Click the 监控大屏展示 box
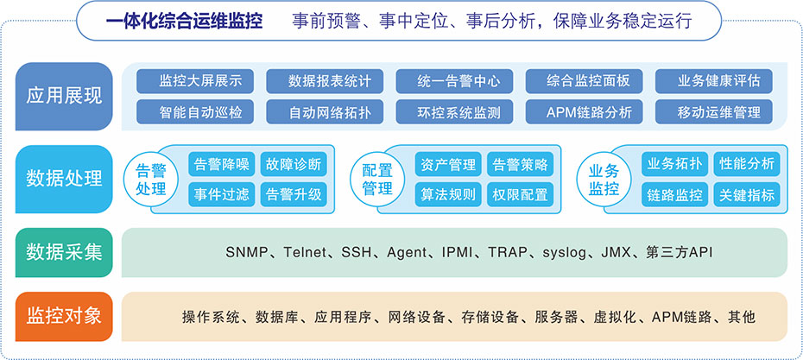195,81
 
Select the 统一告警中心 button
454,81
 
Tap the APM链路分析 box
585,111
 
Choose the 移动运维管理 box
714,111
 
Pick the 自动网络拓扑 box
325,111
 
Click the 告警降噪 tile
222,164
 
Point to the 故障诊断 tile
294,164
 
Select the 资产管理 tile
448,164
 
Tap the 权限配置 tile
521,194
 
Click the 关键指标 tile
747,194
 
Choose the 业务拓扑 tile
675,164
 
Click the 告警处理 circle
151,180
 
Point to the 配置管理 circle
377,180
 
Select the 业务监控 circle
604,180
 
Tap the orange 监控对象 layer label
64,317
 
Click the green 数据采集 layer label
64,252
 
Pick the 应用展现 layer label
64,97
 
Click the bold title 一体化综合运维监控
185,22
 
